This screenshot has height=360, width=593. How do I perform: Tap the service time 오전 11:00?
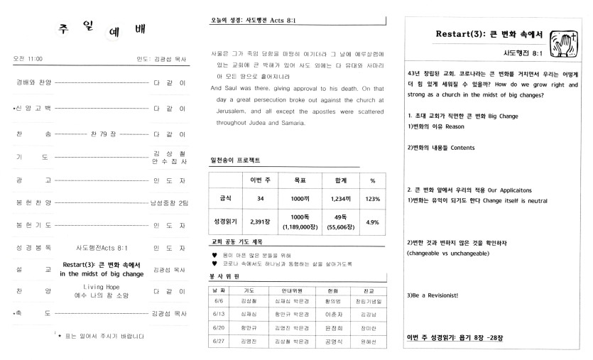coord(28,58)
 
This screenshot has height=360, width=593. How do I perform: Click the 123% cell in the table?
coord(372,198)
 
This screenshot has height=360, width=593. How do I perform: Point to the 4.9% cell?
coord(372,222)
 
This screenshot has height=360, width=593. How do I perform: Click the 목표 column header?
coord(298,180)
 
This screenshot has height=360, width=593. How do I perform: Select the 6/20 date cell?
coord(218,327)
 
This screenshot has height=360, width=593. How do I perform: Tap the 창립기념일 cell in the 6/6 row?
coord(369,302)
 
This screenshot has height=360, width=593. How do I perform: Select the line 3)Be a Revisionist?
coord(432,295)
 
